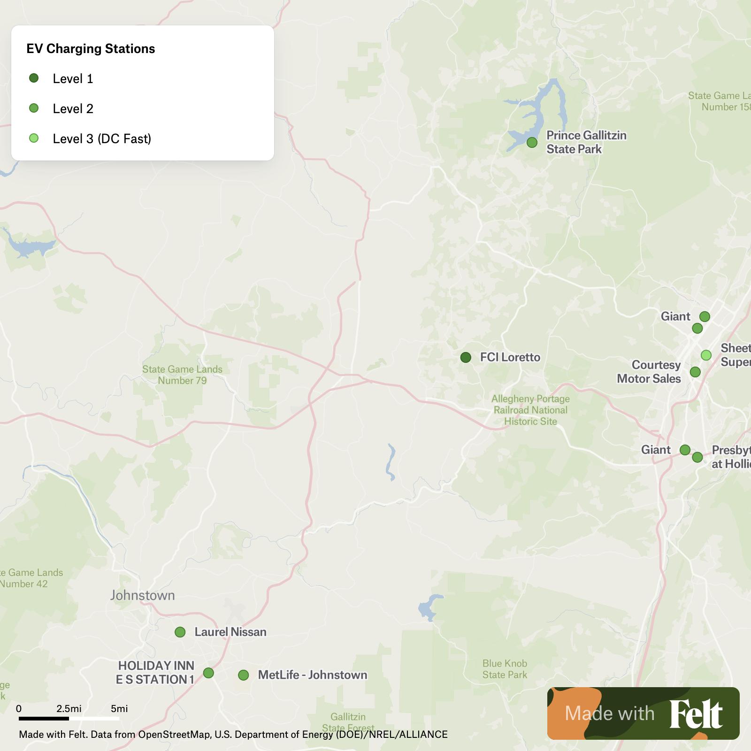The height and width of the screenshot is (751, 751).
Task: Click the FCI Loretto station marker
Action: (466, 358)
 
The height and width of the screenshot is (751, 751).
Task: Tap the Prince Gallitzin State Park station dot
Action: (532, 142)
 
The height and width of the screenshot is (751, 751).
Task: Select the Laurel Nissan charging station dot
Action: (180, 632)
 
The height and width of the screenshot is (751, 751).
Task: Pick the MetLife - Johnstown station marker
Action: (243, 675)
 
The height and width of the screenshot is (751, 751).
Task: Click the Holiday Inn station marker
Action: (208, 673)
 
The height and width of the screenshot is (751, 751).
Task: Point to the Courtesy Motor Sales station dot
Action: (695, 372)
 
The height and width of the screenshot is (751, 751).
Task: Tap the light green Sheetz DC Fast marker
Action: (706, 355)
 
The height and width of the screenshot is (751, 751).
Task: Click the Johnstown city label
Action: (142, 595)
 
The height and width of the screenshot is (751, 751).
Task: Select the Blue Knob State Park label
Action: (505, 669)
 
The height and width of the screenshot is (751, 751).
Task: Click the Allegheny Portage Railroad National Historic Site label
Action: (530, 410)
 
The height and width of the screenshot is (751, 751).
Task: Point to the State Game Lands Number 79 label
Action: (182, 375)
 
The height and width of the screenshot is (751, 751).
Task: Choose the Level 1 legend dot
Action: (34, 78)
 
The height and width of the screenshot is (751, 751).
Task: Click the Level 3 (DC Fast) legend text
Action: (102, 138)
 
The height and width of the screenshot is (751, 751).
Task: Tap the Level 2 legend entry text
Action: (73, 108)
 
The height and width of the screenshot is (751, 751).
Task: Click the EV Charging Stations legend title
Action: (91, 49)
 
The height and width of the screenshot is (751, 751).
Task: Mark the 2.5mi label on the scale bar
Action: (69, 708)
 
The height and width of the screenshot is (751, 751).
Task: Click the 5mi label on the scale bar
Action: (119, 708)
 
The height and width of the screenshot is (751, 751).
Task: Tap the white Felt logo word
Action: (696, 713)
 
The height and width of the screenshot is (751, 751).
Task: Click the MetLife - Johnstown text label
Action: (313, 675)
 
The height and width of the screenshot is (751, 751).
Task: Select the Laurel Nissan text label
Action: (230, 632)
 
